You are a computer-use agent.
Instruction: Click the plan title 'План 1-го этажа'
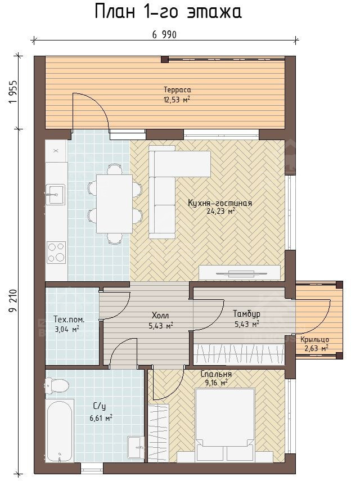(168, 12)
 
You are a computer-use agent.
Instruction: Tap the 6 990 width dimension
(164, 35)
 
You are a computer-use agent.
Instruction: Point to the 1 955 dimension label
(13, 92)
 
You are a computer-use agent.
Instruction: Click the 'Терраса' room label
(177, 90)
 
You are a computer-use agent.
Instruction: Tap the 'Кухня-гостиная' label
(220, 203)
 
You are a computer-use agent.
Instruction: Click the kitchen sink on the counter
(55, 194)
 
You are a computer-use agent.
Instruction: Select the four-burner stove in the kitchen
(56, 252)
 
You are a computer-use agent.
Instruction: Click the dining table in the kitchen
(114, 204)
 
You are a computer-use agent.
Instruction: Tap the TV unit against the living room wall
(240, 272)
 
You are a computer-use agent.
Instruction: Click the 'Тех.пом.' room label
(69, 319)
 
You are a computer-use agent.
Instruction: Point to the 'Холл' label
(160, 316)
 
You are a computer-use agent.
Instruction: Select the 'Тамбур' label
(246, 314)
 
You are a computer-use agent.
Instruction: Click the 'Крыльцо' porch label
(314, 340)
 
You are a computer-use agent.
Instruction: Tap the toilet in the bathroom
(56, 385)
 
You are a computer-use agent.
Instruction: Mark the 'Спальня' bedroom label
(216, 374)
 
